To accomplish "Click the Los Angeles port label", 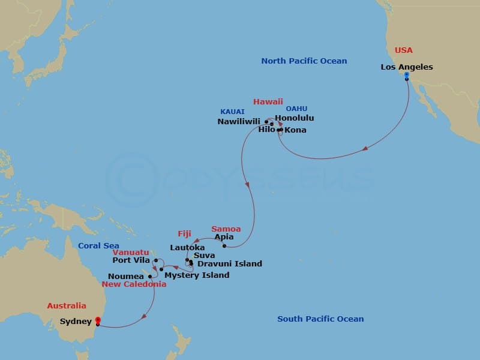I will click(x=406, y=67).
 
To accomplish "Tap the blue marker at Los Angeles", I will click(x=406, y=76).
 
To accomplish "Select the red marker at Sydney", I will click(x=98, y=320).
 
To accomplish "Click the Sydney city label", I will click(x=76, y=322).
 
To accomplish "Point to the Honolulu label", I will click(x=294, y=118).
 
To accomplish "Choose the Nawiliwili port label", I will click(x=239, y=121).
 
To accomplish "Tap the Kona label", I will click(x=295, y=130).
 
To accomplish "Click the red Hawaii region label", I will click(x=268, y=101).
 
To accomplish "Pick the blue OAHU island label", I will click(x=296, y=109).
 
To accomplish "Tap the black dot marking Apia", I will click(x=224, y=245).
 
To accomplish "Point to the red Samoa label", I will click(x=226, y=229).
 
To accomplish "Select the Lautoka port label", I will click(x=187, y=247).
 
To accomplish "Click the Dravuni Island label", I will click(x=230, y=263).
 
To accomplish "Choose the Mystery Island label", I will click(x=197, y=275).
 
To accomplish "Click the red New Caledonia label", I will click(x=134, y=284).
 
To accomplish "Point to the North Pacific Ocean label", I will click(x=304, y=61).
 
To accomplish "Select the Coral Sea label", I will click(x=99, y=245).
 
